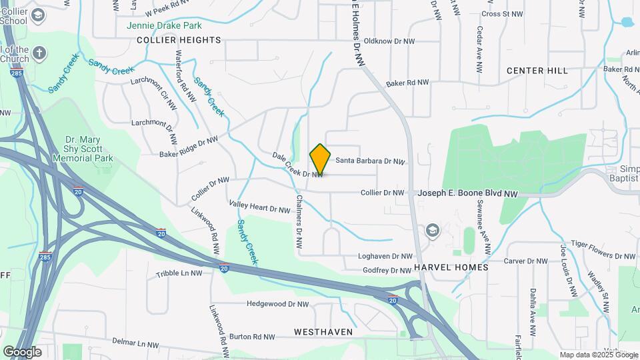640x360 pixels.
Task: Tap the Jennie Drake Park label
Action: (164, 26)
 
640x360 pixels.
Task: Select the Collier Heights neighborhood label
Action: (179, 40)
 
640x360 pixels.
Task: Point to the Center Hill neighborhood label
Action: (537, 71)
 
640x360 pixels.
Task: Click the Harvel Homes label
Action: (451, 267)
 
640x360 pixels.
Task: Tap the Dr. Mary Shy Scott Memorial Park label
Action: (89, 149)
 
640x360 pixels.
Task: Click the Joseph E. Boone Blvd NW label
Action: (468, 193)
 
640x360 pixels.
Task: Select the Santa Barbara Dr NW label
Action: (370, 161)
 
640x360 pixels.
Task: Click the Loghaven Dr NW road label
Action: (386, 256)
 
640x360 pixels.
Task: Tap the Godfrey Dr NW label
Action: (387, 271)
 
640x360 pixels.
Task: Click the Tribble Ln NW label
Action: (179, 273)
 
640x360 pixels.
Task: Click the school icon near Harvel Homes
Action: (433, 231)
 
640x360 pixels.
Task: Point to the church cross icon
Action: (40, 53)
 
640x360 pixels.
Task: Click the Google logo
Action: (23, 351)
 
